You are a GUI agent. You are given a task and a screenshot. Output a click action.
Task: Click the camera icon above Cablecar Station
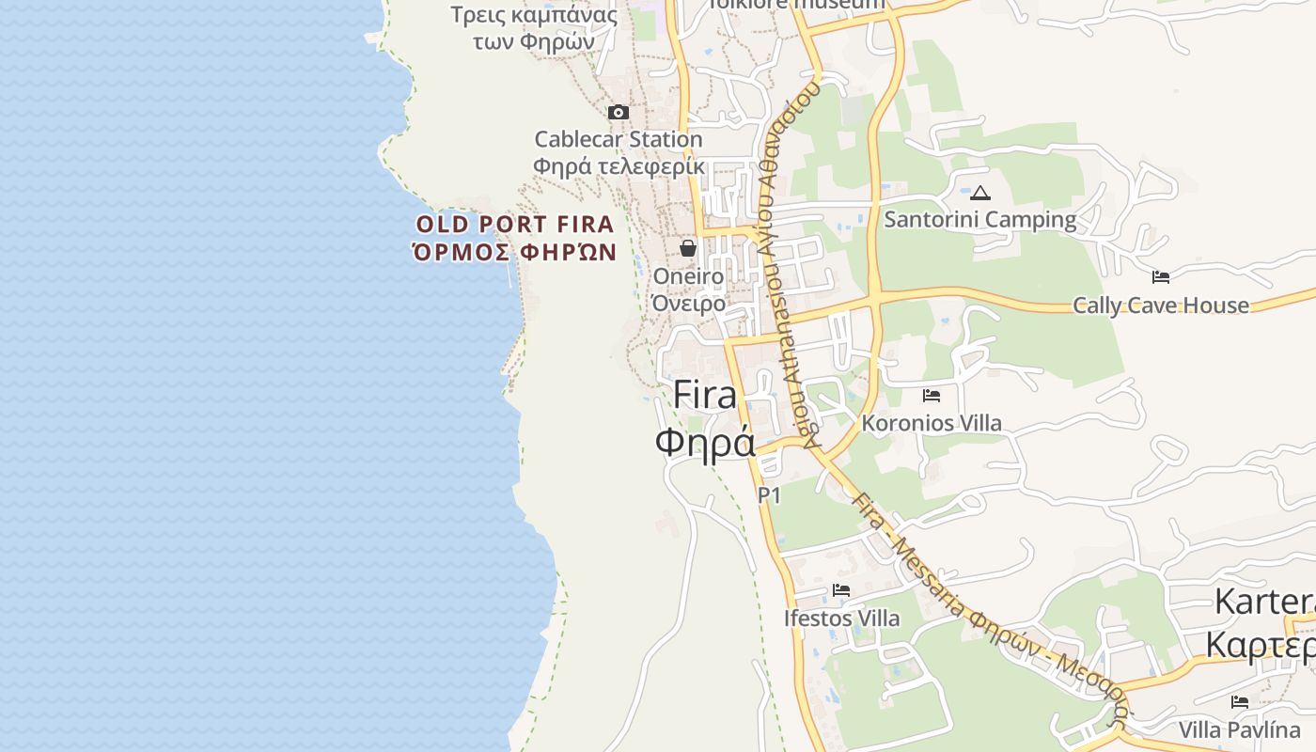618,113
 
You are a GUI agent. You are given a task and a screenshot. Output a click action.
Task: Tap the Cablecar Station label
618,139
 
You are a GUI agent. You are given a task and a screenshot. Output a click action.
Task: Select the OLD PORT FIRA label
515,225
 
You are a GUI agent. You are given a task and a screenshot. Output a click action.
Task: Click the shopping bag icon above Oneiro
688,248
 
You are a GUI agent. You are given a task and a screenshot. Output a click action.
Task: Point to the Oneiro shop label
688,276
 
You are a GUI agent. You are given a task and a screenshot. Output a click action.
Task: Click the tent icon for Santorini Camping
980,194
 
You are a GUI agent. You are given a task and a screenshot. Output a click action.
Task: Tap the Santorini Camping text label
980,220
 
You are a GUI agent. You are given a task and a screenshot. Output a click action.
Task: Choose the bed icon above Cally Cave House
1161,277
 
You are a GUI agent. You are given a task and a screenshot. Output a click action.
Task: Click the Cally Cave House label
1161,305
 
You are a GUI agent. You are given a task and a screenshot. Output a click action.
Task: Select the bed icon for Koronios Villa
932,396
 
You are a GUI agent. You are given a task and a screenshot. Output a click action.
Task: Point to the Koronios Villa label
932,423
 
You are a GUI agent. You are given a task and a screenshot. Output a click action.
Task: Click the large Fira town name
705,395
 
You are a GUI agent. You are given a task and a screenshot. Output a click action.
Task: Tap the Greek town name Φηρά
705,442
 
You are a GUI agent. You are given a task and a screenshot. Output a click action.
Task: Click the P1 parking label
769,494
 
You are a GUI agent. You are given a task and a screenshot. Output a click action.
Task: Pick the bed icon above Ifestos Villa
841,590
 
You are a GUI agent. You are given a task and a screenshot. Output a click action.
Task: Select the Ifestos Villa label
841,619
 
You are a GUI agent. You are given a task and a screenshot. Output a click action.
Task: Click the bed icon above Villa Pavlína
1240,702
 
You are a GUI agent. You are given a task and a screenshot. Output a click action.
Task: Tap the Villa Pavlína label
1240,729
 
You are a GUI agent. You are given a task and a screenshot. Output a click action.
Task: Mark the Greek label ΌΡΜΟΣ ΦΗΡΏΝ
515,252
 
